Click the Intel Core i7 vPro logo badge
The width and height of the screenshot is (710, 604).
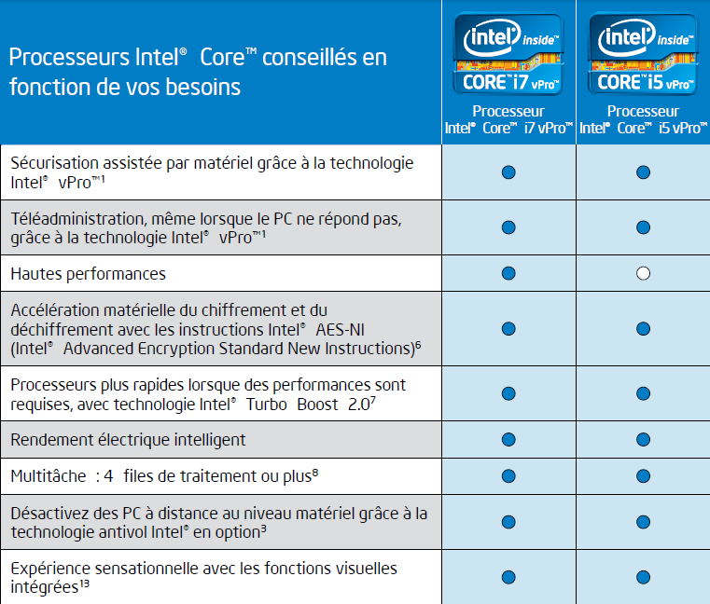pos(508,53)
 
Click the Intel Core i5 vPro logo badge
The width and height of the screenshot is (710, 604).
pos(643,53)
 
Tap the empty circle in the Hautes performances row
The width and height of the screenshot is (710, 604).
pos(643,273)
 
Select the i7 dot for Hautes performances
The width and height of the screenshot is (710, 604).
pos(508,273)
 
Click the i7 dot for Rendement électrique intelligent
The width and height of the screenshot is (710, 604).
pos(508,439)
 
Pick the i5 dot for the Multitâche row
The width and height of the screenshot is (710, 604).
pos(643,475)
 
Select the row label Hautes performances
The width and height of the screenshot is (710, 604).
pos(88,274)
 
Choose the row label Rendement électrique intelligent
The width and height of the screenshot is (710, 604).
pos(128,439)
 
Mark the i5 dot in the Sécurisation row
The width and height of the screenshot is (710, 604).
pos(643,172)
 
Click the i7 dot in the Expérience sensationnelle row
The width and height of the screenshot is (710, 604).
pos(508,576)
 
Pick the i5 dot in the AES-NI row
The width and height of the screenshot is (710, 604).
pos(643,328)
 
